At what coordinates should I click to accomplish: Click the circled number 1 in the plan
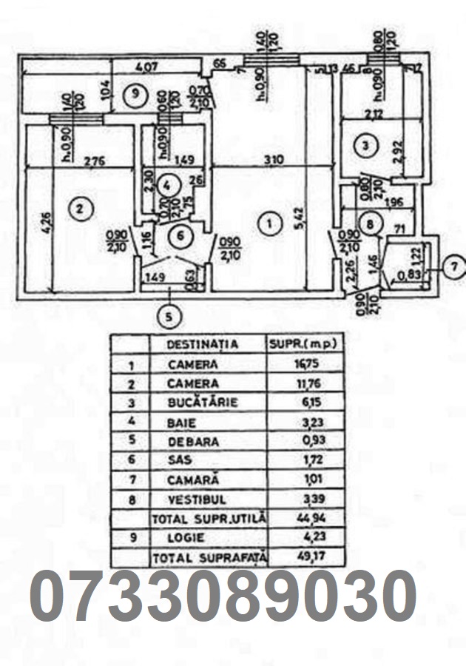(x=269, y=221)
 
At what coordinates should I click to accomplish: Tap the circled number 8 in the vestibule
(x=372, y=221)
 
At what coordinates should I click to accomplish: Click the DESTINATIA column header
(x=203, y=344)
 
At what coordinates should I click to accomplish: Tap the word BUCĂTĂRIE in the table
(x=193, y=403)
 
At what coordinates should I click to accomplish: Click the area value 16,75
(x=296, y=364)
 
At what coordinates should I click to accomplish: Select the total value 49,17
(x=295, y=556)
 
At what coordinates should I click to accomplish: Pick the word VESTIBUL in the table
(x=193, y=499)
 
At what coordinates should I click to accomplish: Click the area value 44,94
(x=295, y=519)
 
